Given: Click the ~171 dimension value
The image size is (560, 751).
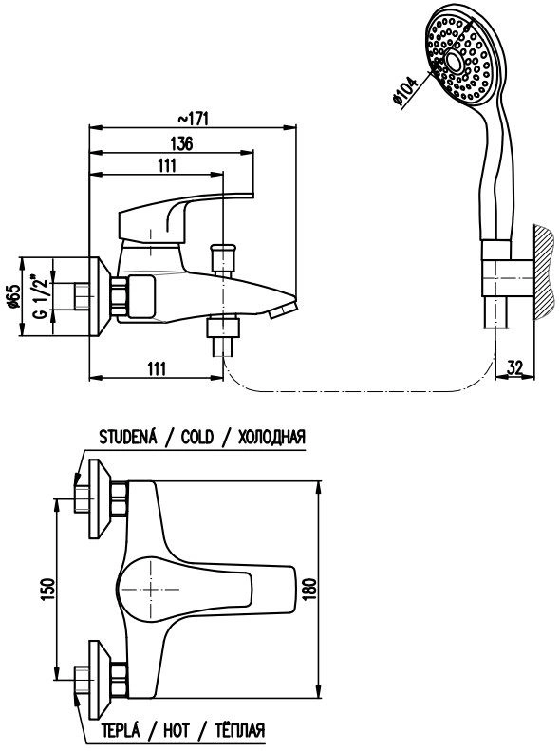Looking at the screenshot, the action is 194,119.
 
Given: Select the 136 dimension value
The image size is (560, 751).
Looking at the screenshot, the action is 181,143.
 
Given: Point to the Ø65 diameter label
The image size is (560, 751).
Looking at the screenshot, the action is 14,296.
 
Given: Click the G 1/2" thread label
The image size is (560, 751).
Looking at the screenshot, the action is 41,297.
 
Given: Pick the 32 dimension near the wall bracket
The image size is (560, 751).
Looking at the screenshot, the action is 514,367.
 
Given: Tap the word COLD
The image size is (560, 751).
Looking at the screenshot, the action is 197,437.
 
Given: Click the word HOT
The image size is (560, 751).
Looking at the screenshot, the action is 177,730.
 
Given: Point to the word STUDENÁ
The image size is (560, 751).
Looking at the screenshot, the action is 128,437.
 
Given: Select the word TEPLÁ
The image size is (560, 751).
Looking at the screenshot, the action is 121,730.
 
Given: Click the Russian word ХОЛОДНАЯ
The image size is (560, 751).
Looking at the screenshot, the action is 271,437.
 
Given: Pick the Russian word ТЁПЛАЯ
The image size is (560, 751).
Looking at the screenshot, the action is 239,730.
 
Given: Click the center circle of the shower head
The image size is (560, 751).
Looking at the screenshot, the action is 454,61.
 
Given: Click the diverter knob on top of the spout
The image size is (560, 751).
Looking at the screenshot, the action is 222,259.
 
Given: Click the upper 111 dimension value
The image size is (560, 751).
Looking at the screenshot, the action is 167,165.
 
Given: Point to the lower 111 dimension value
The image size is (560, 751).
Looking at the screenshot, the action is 157,368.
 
